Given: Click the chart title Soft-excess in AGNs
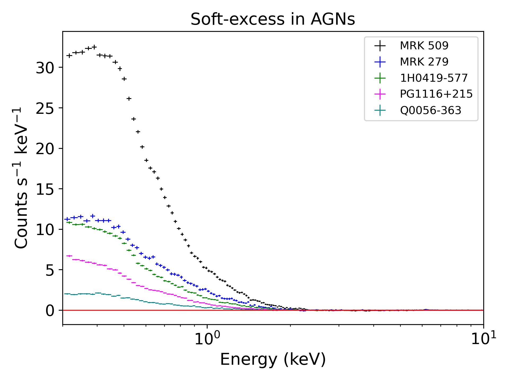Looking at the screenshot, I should (273, 20).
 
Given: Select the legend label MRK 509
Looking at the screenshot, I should (424, 46).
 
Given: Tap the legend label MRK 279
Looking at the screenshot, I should (424, 62).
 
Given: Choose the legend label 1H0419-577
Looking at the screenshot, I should (434, 78).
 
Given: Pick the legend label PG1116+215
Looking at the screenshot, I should (436, 94).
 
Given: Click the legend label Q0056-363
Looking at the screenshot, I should (431, 110).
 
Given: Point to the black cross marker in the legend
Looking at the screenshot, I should (380, 46).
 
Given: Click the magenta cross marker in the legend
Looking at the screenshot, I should (380, 94).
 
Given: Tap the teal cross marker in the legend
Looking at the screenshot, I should (380, 110).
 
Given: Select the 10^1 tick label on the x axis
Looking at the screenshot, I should (483, 340).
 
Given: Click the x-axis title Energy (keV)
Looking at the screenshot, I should (273, 360).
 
